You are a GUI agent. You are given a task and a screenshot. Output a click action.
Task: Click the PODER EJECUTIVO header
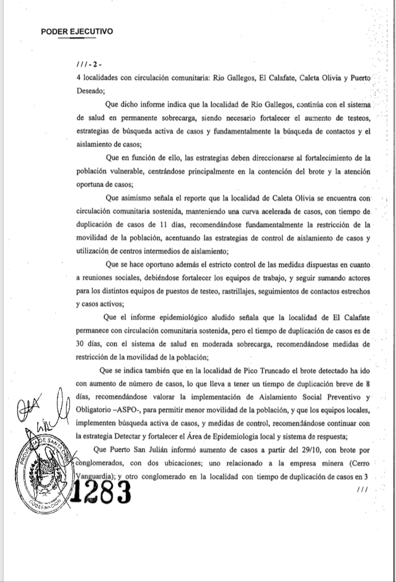(x=77, y=31)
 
